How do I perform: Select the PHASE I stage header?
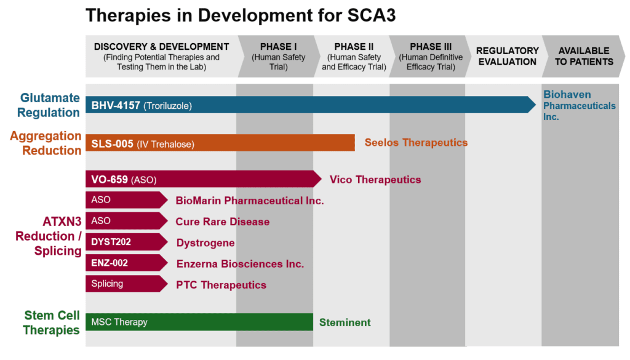click(x=278, y=56)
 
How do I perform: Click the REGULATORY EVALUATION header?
click(x=507, y=56)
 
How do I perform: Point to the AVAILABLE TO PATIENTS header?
click(x=583, y=56)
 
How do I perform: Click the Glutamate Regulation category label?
click(x=49, y=105)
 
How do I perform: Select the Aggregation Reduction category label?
click(x=46, y=143)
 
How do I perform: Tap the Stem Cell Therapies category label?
click(x=52, y=322)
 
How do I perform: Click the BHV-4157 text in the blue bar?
click(x=116, y=105)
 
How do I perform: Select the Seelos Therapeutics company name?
click(x=416, y=143)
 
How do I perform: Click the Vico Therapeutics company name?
click(x=375, y=180)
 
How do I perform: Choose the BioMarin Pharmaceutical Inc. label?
click(x=249, y=200)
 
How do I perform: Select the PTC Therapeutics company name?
click(x=221, y=285)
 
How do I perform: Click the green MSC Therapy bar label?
click(x=119, y=322)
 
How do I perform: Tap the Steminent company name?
click(x=345, y=322)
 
